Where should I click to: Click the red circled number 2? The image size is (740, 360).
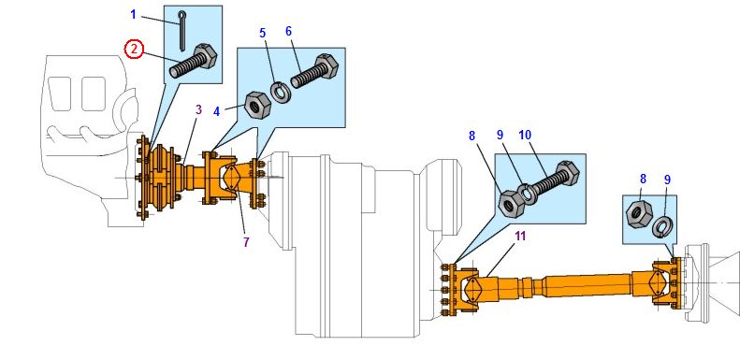click(134, 49)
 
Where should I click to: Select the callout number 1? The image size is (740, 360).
click(133, 15)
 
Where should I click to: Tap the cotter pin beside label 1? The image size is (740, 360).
click(182, 31)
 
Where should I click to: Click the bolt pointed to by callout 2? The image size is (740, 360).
click(193, 62)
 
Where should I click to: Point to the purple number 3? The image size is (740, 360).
click(199, 110)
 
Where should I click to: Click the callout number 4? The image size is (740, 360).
click(217, 112)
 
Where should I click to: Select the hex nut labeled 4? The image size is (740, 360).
click(257, 104)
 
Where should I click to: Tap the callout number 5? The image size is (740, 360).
click(263, 33)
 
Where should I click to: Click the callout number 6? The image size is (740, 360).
click(289, 31)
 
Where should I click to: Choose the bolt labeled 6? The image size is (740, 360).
click(314, 71)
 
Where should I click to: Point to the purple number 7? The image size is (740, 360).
click(246, 242)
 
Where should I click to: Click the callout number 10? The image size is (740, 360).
click(525, 135)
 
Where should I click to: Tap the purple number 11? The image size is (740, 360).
click(520, 237)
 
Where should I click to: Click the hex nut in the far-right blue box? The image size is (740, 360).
click(639, 214)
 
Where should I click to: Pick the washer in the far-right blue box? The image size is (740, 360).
click(661, 226)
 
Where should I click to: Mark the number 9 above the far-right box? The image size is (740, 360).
click(667, 180)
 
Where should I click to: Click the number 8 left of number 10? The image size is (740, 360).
click(472, 136)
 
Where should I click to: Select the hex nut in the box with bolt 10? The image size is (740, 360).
click(513, 204)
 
